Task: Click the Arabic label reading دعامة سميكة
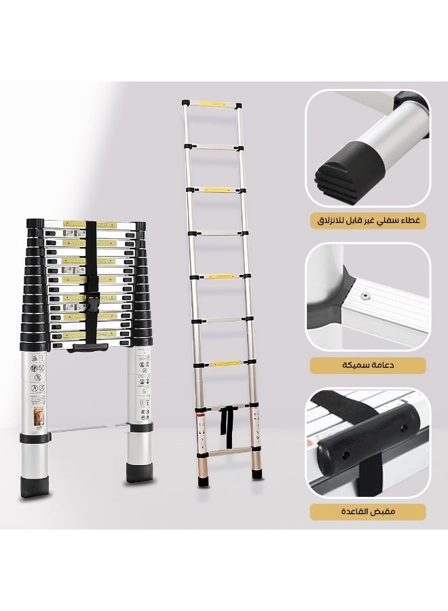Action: (x=367, y=366)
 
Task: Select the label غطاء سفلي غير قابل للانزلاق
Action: (x=367, y=221)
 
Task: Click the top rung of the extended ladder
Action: (x=211, y=105)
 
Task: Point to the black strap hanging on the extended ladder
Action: (x=225, y=422)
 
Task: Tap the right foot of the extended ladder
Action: (x=257, y=473)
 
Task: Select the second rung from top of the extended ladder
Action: (x=214, y=145)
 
